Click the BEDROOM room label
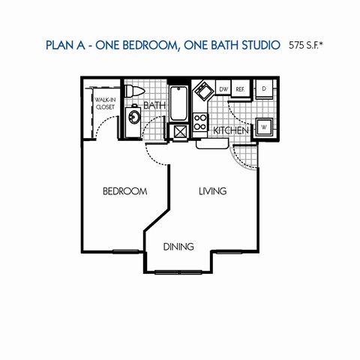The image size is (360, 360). point(124,192)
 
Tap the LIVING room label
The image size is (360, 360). point(212,192)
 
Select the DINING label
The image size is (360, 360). point(178,246)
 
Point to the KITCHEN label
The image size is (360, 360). point(230,130)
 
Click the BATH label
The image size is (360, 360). point(154,106)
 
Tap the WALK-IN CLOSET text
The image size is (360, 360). point(103,103)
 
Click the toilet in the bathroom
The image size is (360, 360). point(133,91)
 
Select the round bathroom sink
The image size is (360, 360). point(133,117)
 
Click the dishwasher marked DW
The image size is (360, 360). point(223,89)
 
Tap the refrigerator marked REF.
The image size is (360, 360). point(241,89)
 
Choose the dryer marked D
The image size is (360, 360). point(264,88)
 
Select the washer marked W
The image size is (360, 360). point(264,126)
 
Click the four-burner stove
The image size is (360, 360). point(200,121)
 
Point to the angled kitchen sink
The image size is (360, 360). point(202,93)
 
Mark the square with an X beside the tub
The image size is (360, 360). point(179,132)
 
